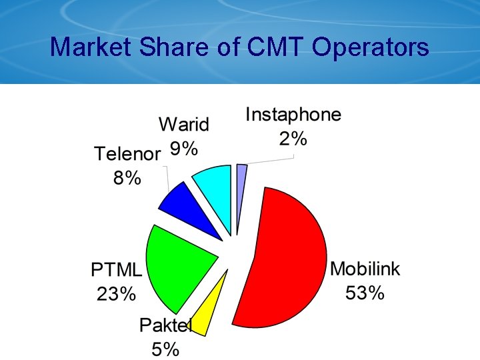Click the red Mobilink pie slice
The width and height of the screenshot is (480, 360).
(x=287, y=260)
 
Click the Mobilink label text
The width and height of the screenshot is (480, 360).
(x=365, y=269)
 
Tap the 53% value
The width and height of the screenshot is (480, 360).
(x=365, y=292)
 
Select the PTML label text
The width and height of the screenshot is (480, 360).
(x=117, y=270)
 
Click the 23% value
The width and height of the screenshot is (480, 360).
(x=117, y=293)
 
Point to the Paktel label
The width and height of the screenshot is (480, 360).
(x=165, y=325)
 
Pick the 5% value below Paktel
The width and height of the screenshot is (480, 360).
(x=165, y=349)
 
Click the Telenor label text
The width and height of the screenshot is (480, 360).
(x=127, y=155)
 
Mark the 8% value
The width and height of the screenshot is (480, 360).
(x=127, y=178)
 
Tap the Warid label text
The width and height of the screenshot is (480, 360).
(x=184, y=125)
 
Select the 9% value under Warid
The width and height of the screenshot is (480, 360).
(x=184, y=148)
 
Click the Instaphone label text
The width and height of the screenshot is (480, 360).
(x=293, y=115)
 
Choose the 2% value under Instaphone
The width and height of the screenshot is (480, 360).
(x=293, y=138)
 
